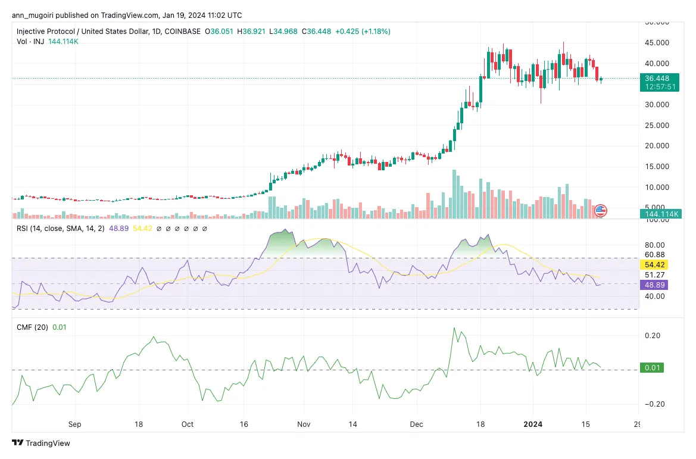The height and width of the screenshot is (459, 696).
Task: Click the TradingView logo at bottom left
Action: [41, 443]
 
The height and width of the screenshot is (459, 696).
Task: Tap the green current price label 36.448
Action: [660, 78]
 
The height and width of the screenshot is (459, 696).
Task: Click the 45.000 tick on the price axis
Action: [658, 43]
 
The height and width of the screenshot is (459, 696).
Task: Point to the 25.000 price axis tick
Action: [658, 125]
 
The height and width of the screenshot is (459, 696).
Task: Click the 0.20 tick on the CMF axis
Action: [653, 336]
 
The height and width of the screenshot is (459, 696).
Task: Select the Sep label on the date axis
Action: [74, 424]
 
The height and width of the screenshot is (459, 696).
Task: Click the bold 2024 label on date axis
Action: [532, 424]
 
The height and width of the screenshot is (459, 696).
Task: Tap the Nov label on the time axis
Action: [304, 424]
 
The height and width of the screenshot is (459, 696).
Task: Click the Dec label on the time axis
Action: [416, 424]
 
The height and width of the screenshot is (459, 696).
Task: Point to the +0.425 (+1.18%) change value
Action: [362, 31]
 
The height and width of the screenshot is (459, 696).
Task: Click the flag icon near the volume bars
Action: [600, 210]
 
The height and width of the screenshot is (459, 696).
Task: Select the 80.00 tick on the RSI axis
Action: [656, 245]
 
